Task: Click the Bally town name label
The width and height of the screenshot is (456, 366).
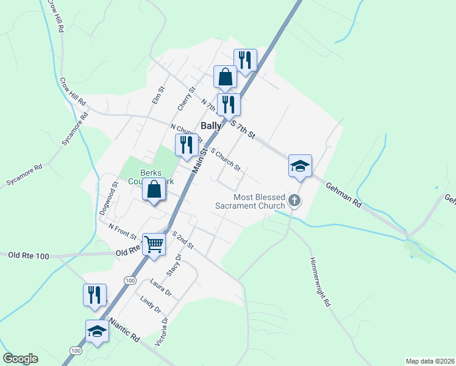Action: point(210,125)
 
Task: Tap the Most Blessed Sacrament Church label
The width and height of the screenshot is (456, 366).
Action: point(251,201)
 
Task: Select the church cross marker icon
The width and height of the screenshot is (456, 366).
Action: point(294,200)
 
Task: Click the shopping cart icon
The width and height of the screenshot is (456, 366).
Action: point(154,244)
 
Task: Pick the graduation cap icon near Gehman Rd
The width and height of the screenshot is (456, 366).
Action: point(300,165)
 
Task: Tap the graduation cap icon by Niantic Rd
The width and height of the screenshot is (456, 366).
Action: point(97,331)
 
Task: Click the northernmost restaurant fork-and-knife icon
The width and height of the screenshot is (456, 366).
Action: point(245,60)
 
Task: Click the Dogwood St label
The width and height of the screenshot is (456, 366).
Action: point(107,196)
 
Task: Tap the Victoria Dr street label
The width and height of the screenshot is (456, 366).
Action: point(161,332)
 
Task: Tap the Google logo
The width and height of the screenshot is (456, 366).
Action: point(20,359)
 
